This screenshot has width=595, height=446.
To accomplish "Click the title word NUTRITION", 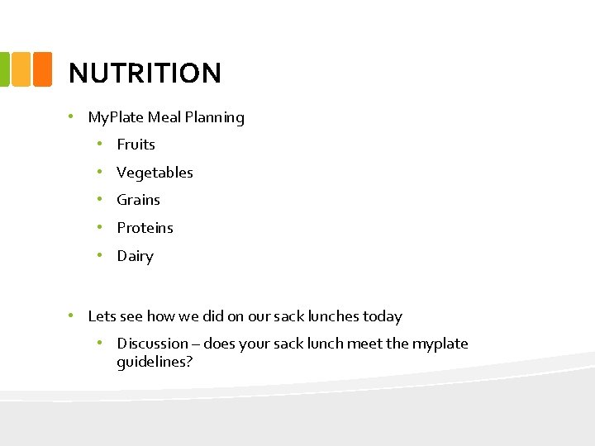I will click(x=145, y=73).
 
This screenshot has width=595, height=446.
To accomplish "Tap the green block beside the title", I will click(x=3, y=69).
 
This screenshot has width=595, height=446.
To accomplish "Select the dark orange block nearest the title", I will click(x=42, y=69).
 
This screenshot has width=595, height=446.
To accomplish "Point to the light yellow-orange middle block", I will click(x=21, y=69).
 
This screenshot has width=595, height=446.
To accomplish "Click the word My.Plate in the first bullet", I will click(x=115, y=117).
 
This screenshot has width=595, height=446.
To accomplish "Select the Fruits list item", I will click(x=136, y=145).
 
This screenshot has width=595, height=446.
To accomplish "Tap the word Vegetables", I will click(x=155, y=173).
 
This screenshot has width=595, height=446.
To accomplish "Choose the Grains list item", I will click(x=138, y=200).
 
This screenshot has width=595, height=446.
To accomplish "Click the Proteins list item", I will click(x=145, y=228).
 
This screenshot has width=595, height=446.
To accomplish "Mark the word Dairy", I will click(x=135, y=256).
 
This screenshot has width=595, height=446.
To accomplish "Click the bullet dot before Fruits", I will click(x=98, y=144).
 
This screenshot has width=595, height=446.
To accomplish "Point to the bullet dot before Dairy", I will click(x=98, y=255).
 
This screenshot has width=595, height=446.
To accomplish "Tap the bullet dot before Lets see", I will click(x=72, y=316).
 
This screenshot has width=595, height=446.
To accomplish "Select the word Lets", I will click(x=102, y=316).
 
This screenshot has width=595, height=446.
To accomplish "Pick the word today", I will click(x=382, y=316).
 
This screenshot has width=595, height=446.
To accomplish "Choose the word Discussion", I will click(x=152, y=344).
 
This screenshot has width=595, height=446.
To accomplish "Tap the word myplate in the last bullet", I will click(x=440, y=344).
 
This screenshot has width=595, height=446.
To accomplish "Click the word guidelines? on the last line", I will click(x=155, y=362).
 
